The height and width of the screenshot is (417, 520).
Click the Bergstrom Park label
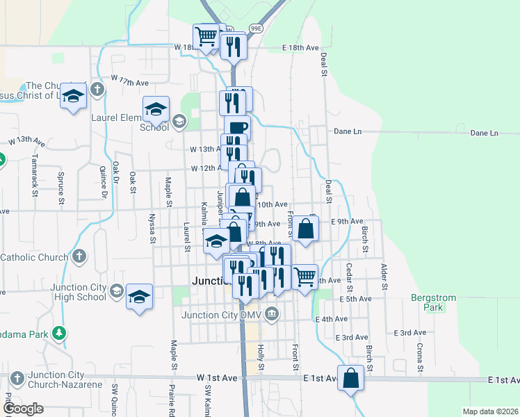point(433,302)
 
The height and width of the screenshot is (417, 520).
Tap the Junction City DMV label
point(224,314)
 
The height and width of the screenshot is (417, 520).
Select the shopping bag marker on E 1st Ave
point(351,379)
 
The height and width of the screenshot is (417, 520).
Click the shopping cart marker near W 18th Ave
point(206,37)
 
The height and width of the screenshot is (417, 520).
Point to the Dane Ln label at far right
point(484,133)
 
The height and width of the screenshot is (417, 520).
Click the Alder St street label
point(382,275)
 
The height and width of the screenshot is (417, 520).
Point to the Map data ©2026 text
point(490,411)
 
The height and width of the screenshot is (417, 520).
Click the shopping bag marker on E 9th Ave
point(305,228)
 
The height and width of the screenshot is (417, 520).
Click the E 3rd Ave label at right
point(409,333)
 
